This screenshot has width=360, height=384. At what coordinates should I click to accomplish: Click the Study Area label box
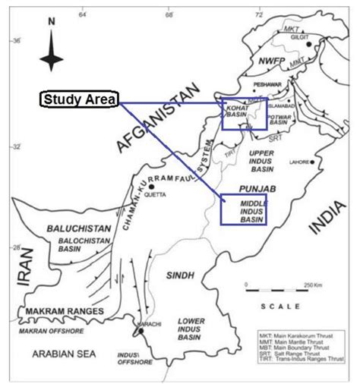coord(79,99)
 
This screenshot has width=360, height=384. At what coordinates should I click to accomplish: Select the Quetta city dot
coord(152,186)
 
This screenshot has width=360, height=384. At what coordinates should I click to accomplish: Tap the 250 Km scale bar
coord(266,289)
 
